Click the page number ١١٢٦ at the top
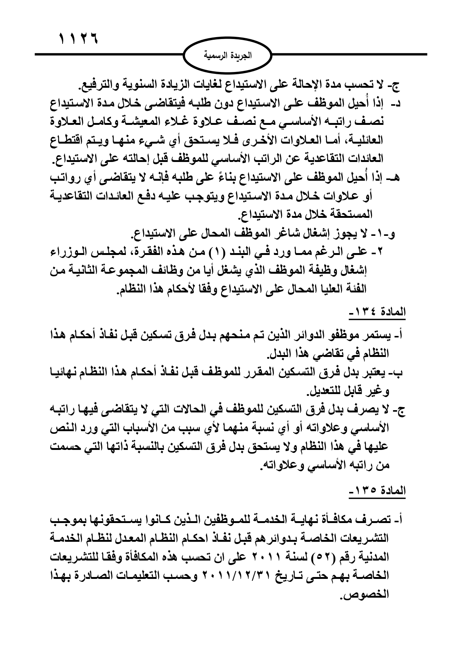78,39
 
